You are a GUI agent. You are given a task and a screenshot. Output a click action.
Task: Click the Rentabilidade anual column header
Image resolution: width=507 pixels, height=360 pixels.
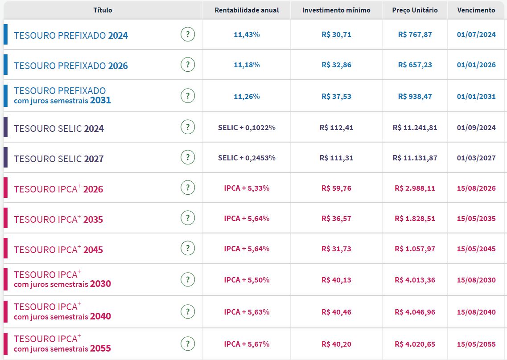247,10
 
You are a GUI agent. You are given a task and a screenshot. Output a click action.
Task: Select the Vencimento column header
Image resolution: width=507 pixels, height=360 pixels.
476,10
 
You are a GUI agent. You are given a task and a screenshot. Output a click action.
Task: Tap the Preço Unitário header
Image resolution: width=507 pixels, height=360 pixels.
415,10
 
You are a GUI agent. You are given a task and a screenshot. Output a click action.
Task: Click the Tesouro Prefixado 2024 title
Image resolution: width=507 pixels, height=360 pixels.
71,36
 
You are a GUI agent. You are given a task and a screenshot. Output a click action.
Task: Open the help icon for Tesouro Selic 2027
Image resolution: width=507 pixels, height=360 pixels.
188,158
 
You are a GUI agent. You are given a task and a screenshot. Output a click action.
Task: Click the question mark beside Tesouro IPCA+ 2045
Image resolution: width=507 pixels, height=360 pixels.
188,249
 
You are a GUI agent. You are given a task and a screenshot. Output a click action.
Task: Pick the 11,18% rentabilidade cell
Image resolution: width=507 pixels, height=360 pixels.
247,65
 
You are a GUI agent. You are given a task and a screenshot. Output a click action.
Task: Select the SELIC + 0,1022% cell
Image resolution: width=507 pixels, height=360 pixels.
247,128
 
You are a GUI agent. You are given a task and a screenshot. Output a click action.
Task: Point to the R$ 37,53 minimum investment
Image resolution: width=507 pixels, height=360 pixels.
336,96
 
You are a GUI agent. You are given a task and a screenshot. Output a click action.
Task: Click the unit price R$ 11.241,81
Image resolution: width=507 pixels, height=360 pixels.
415,128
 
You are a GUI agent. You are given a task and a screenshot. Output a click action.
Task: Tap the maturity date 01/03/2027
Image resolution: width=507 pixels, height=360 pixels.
476,158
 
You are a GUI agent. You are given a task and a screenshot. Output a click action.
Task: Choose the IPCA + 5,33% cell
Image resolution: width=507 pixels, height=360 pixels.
247,188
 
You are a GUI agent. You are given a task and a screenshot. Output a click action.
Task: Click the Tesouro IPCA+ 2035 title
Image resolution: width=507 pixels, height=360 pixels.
58,220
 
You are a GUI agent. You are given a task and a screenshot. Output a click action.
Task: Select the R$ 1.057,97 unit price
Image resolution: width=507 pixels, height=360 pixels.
415,249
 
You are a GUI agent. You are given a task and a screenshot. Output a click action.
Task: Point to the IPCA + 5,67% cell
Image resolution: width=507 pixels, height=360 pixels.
247,344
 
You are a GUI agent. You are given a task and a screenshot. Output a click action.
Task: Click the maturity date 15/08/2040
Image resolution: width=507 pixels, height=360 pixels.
476,312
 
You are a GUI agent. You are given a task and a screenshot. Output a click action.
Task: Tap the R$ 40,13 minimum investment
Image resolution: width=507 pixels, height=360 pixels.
336,280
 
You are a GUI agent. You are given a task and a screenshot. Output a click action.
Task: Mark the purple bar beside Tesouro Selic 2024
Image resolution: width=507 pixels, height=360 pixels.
5,127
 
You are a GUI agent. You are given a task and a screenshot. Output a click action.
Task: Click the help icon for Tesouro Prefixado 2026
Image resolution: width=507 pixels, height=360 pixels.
188,65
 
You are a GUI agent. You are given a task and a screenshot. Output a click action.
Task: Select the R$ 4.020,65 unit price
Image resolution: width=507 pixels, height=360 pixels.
415,344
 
